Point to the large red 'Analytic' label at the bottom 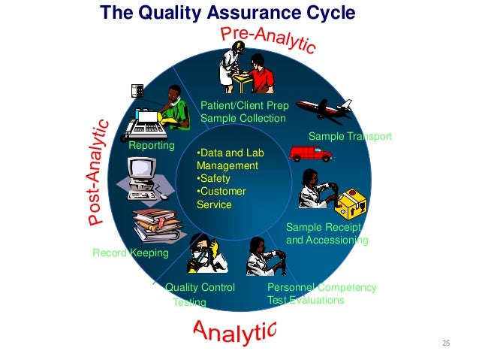[x=234, y=329]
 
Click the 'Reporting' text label [x=151, y=145]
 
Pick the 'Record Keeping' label [x=130, y=253]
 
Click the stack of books [x=156, y=225]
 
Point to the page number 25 [x=445, y=343]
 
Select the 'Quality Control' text [x=200, y=287]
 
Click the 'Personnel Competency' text [x=321, y=287]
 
